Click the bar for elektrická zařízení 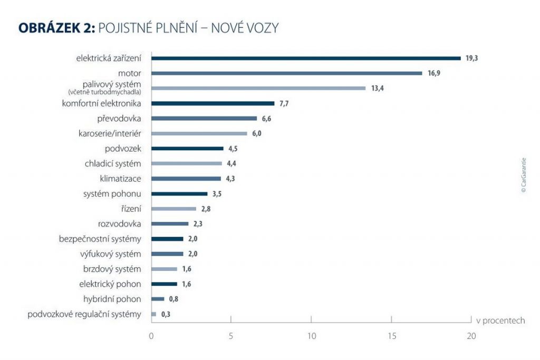306,58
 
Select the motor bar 287,73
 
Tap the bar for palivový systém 258,88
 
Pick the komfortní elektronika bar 213,103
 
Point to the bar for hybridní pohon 158,299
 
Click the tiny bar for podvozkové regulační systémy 153,314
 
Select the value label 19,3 471,58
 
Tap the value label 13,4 377,88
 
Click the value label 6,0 256,133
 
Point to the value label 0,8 173,299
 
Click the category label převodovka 119,119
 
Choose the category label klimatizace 120,179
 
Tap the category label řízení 131,209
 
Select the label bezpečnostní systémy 100,239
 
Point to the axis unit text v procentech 500,320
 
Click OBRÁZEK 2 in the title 55,28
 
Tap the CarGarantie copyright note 524,176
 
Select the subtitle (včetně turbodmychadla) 104,92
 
